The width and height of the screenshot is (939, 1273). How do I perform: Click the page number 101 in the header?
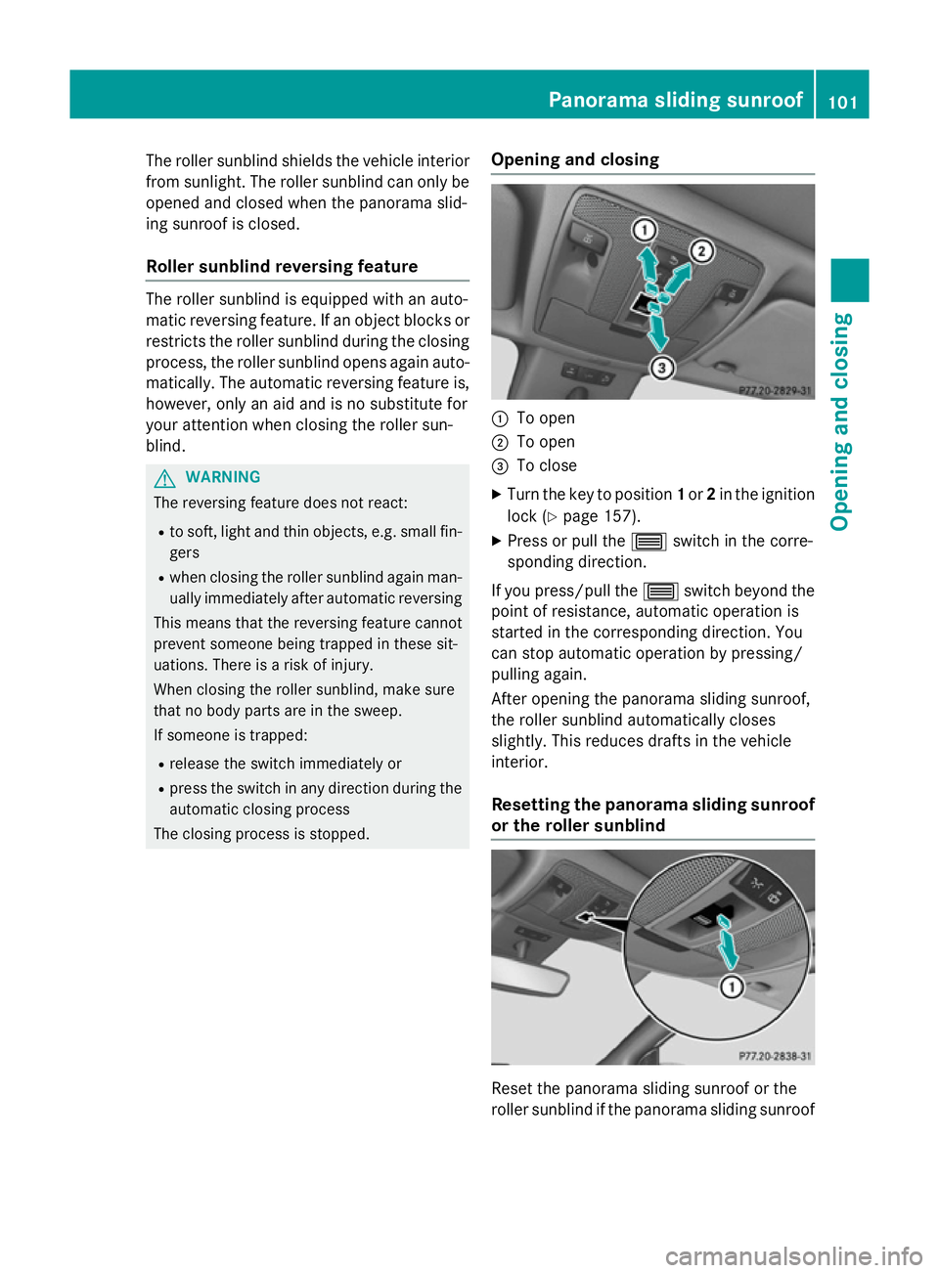842,101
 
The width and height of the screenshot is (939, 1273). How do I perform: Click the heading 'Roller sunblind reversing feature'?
282,267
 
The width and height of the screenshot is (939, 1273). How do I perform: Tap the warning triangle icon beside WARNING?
165,478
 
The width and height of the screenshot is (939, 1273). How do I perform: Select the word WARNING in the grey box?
223,477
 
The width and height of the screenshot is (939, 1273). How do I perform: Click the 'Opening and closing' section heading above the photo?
575,160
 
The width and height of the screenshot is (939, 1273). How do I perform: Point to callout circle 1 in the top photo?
644,230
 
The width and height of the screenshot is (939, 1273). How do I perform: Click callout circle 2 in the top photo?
701,251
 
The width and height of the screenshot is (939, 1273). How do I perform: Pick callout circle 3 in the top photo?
662,368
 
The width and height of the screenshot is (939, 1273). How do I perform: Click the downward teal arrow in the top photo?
657,331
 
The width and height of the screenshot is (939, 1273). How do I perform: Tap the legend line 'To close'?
546,466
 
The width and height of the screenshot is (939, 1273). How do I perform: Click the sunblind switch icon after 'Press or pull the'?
648,542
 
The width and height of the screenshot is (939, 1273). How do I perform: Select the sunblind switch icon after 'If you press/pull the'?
660,592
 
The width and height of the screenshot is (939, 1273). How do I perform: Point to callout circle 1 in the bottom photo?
731,987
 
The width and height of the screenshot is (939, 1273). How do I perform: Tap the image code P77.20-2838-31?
775,1056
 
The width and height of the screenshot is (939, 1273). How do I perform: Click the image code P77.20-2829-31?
775,391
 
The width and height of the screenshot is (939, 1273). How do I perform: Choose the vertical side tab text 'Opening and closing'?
841,421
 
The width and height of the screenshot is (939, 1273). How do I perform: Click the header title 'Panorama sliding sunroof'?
675,100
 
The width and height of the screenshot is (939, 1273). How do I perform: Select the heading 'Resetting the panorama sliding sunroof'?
652,805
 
